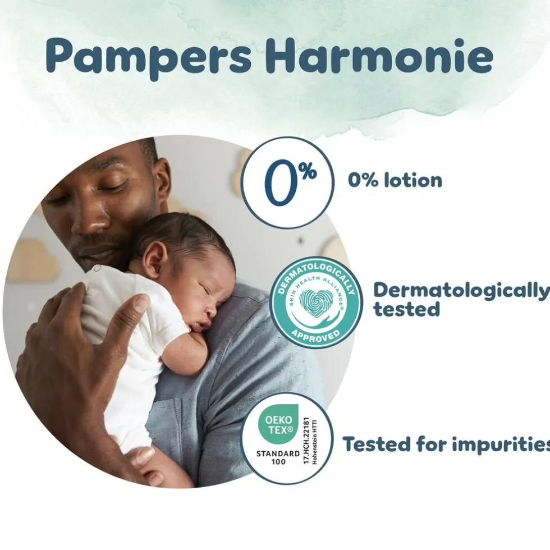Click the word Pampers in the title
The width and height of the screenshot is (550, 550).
(149, 56)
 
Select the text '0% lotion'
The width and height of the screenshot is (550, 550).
(395, 180)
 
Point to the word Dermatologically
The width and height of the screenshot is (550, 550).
(461, 290)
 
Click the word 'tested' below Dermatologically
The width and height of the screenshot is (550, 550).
(407, 309)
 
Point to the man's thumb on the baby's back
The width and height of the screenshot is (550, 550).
(133, 306)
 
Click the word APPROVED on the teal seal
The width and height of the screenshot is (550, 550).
(316, 334)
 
